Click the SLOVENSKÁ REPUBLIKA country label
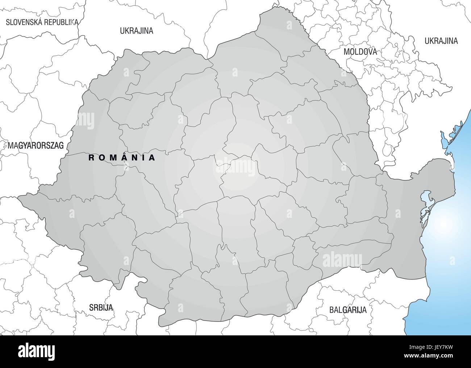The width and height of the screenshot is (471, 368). (x=42, y=22)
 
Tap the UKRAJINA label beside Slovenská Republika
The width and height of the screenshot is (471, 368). (x=137, y=31)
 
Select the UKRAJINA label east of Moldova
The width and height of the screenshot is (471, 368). (x=441, y=41)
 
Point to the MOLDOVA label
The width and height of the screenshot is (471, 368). (x=360, y=52)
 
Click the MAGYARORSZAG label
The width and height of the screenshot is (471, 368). (x=36, y=146)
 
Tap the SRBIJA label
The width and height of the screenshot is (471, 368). (x=101, y=308)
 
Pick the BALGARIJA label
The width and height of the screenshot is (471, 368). (x=348, y=310)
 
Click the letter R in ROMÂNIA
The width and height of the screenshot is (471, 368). (x=91, y=158)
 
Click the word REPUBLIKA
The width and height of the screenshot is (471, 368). (x=61, y=22)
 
